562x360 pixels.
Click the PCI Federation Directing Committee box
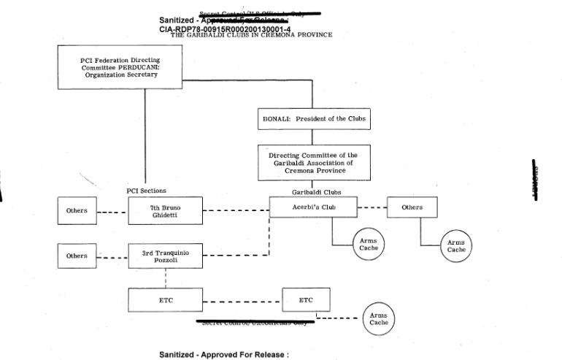coord(120,67)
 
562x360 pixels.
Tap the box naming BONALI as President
coord(315,118)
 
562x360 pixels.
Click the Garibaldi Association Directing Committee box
coord(315,161)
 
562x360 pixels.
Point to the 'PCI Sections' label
coord(147,191)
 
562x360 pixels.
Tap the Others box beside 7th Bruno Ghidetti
coord(76,211)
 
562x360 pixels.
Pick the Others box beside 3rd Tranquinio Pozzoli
coord(76,256)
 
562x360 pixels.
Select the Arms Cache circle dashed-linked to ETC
coord(378,319)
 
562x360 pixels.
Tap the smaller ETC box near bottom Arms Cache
coord(306,299)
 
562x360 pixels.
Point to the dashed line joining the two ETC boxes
coord(240,299)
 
